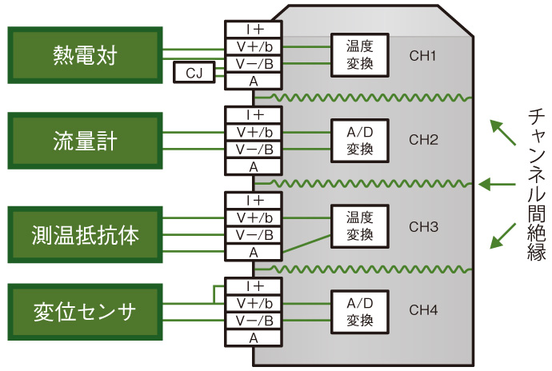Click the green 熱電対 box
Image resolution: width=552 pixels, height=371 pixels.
pos(84,55)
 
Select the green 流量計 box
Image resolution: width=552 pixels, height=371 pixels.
pos(84,141)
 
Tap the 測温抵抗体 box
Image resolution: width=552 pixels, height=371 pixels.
pos(84,235)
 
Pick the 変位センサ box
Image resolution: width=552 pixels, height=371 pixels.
pos(84,311)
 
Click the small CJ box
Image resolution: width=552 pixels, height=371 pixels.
pos(194,74)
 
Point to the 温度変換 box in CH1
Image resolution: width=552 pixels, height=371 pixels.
pos(360,55)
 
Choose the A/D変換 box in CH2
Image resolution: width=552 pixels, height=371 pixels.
pos(360,141)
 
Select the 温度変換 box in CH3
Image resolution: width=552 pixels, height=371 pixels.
pos(360,226)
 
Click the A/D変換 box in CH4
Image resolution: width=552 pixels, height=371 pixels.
pos(360,311)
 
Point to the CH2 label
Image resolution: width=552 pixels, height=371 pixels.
pos(423,140)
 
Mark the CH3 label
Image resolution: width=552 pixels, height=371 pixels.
pos(423,226)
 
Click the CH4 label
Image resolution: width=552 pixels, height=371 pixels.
pos(423,309)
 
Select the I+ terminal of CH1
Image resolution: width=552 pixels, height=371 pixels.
pos(254,30)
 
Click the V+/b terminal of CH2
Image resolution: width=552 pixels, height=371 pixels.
pos(254,132)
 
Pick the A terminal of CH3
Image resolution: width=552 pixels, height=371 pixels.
pos(254,253)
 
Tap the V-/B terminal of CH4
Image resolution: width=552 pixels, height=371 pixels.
pos(254,321)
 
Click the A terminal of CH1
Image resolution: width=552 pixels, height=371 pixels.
pos(254,80)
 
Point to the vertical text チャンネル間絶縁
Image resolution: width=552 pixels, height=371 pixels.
pos(535,184)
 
